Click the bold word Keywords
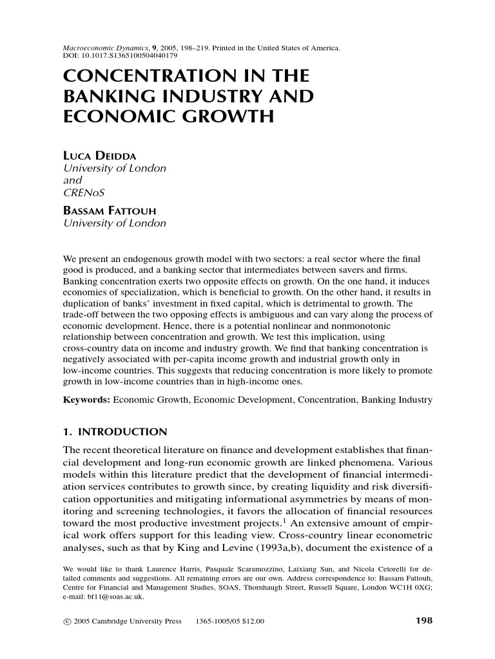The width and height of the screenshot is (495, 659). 85,400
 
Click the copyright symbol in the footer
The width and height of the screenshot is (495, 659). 66,622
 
